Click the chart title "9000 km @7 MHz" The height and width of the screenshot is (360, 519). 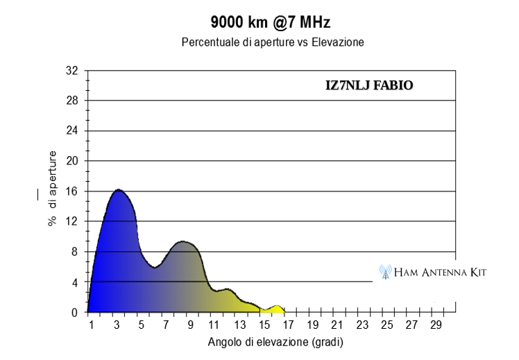[x=271, y=22]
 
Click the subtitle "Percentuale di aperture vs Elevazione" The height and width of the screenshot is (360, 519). [x=273, y=42]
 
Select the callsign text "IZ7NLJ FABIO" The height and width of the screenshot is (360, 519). [x=369, y=85]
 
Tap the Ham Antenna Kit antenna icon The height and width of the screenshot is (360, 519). [x=385, y=272]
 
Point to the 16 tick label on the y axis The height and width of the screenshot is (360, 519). [x=72, y=191]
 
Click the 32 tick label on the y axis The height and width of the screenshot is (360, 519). [x=72, y=70]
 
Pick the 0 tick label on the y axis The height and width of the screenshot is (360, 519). [x=74, y=312]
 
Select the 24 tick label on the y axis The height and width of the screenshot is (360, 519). [x=72, y=130]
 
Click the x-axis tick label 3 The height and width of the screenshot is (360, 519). [x=117, y=325]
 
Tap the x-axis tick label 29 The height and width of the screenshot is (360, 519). [x=436, y=325]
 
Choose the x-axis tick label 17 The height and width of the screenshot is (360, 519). [x=289, y=325]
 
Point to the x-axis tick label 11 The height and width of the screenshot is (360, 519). [x=214, y=325]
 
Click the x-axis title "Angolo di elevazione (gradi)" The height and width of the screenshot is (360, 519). [x=275, y=342]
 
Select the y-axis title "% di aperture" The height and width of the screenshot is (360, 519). [x=52, y=188]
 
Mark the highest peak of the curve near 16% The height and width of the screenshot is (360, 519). [x=119, y=189]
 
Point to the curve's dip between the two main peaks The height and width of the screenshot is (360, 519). [x=155, y=267]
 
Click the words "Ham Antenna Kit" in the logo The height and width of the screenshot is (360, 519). [x=440, y=273]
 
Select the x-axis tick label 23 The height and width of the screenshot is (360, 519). [x=362, y=325]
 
